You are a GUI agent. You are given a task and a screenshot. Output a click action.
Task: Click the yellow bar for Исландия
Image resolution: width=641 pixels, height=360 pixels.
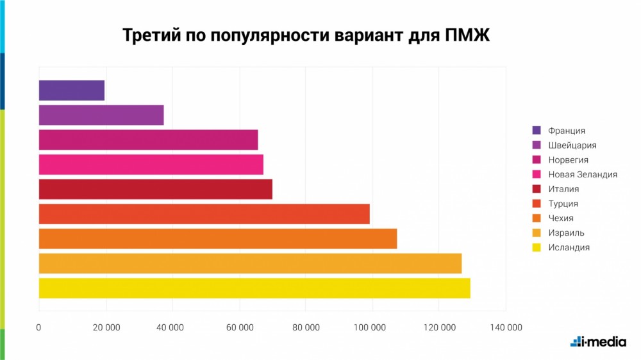(254, 288)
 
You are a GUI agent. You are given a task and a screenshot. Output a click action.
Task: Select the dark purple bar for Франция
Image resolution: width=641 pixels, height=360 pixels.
(71, 90)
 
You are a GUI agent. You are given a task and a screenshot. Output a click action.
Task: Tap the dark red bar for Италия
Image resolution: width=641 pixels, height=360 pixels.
(155, 189)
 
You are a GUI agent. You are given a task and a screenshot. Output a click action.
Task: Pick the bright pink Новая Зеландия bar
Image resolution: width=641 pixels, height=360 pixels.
(151, 165)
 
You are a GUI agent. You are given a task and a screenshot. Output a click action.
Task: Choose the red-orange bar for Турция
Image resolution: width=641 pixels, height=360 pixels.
(204, 214)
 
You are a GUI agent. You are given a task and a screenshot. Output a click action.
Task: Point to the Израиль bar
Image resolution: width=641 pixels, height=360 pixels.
(250, 263)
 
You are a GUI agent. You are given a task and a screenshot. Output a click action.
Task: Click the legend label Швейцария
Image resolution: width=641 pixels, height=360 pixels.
(572, 145)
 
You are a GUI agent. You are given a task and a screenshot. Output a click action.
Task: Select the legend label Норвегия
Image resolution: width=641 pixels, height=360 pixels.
(568, 160)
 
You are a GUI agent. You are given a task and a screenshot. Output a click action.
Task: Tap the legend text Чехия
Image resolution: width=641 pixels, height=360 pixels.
(561, 218)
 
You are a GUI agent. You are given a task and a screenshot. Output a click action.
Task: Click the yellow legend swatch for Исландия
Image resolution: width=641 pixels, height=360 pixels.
(537, 247)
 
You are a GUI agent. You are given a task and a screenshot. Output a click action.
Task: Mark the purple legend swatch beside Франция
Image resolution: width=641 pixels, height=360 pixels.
(537, 131)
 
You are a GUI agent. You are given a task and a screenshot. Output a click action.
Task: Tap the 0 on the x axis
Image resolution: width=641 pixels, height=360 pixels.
(39, 327)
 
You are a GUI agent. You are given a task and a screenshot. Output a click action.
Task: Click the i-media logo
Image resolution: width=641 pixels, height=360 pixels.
(598, 341)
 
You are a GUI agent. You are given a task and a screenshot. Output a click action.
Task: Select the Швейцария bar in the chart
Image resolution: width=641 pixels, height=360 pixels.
(101, 115)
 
